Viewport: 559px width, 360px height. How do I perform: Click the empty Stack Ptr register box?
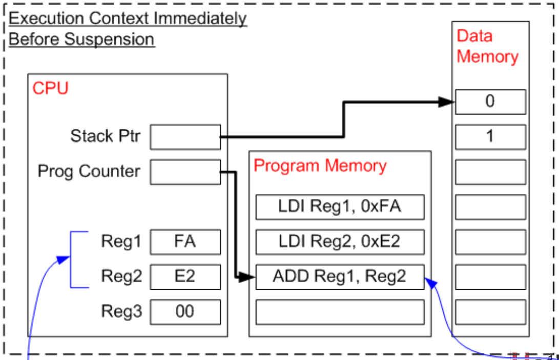click(185, 137)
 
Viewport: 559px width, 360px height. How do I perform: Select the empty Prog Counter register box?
click(185, 171)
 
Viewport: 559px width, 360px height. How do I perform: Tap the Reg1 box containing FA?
click(185, 242)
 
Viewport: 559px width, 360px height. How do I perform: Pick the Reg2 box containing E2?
click(185, 276)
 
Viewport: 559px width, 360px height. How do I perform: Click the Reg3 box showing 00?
click(185, 311)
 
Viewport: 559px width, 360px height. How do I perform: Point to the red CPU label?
click(50, 88)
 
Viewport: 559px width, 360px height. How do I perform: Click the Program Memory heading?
click(320, 166)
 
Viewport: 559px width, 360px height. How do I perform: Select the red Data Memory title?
click(487, 46)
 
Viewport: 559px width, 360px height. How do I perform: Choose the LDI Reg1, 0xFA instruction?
click(340, 207)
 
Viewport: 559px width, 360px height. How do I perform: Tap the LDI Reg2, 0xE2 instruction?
click(340, 242)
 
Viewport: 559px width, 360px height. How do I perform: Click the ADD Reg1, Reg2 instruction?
click(340, 277)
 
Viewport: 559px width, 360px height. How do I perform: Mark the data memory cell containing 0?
click(490, 102)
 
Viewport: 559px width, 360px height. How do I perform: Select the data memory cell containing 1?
click(490, 137)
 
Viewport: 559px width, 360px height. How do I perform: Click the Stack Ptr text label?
click(105, 136)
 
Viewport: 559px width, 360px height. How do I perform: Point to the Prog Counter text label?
click(89, 171)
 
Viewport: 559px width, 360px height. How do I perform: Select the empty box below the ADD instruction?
click(340, 312)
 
